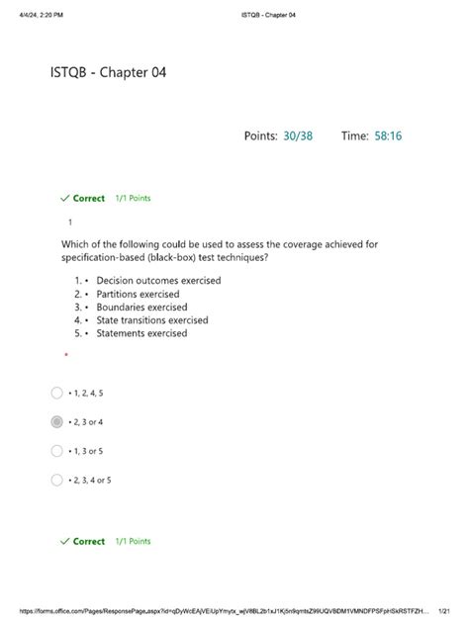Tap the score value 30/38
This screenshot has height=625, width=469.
tap(296, 135)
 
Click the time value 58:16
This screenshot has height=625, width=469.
tap(388, 135)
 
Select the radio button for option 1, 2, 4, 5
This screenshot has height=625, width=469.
tap(57, 393)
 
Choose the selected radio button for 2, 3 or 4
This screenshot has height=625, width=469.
tap(57, 422)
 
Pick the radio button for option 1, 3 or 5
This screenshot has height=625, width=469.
tap(57, 451)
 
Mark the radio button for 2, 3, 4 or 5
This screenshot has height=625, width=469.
tap(57, 481)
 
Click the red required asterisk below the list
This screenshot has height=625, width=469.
tap(65, 355)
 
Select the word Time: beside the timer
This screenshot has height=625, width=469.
tap(354, 135)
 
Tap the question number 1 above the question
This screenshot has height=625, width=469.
tap(70, 223)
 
